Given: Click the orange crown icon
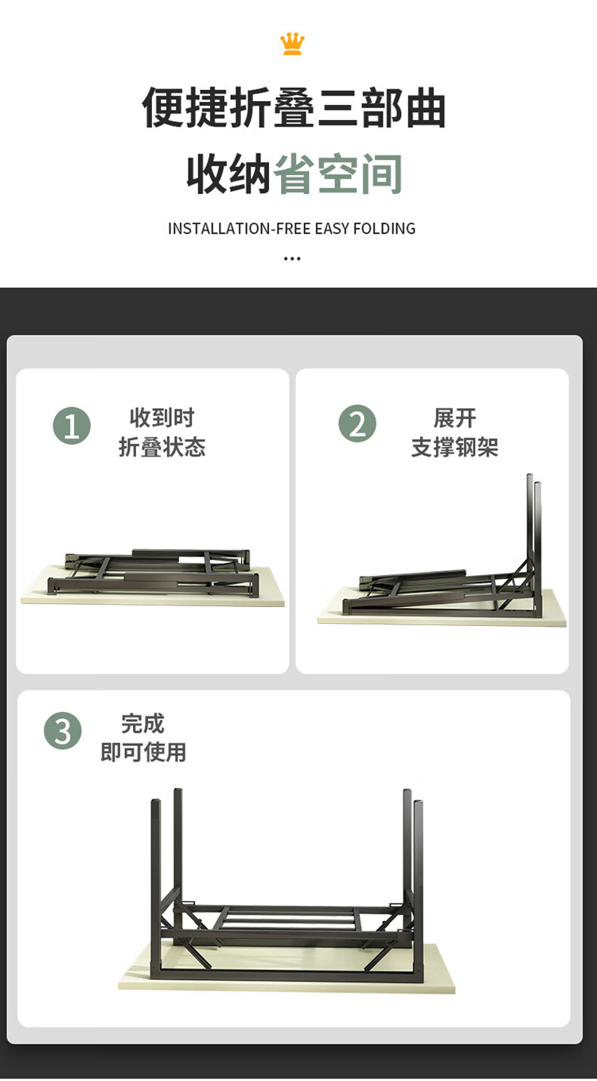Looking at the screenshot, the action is [292, 44].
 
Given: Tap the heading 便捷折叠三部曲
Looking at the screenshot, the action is [294, 107].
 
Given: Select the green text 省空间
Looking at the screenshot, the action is [338, 173].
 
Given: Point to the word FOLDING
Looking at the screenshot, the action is [384, 228].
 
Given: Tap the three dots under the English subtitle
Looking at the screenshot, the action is [292, 259].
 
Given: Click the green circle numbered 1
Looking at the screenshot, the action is [72, 426].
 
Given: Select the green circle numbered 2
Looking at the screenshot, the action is [357, 423].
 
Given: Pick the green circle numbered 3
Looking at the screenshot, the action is [63, 731].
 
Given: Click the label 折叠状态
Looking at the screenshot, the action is [162, 447].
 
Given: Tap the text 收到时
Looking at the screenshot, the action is [162, 418].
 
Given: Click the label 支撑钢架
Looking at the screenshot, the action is [455, 447].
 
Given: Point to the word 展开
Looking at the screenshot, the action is [455, 418].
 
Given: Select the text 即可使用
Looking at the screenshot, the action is [143, 752].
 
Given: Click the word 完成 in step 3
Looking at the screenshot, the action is [143, 723].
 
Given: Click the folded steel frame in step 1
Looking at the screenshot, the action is [153, 571].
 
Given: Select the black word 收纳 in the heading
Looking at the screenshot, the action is [228, 173].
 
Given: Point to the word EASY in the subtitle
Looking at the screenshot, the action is [332, 228].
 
